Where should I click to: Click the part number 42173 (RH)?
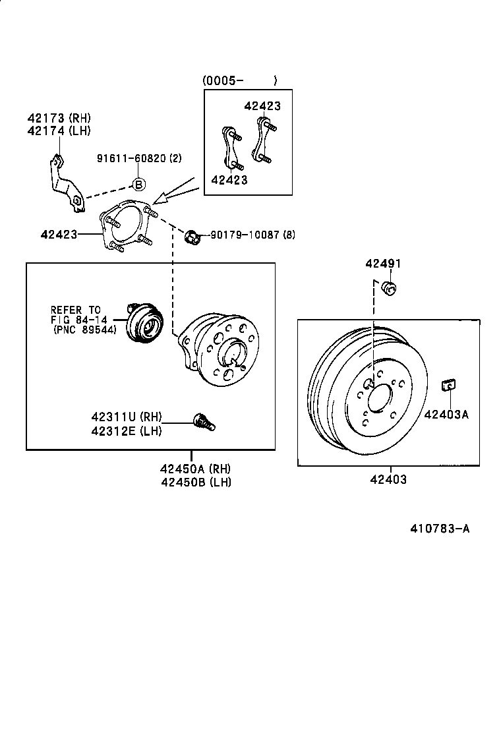click(x=59, y=118)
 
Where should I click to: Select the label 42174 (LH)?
click(x=59, y=131)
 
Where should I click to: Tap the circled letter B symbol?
click(x=139, y=185)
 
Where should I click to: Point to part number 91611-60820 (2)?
click(x=139, y=158)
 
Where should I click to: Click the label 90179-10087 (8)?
click(x=252, y=235)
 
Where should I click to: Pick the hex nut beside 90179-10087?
click(x=192, y=235)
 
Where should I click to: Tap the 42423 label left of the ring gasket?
click(x=59, y=234)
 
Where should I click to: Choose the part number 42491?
click(x=383, y=264)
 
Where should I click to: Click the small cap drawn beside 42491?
click(x=388, y=287)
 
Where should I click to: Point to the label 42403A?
click(x=446, y=415)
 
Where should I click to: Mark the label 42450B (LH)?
click(x=195, y=482)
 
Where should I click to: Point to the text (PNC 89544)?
click(x=85, y=330)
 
